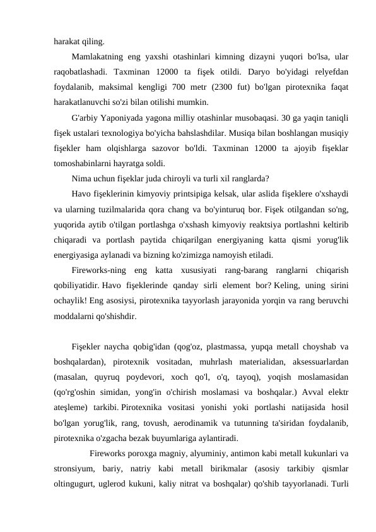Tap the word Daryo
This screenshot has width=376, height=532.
click(257, 70)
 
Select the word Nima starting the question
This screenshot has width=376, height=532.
click(82, 178)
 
